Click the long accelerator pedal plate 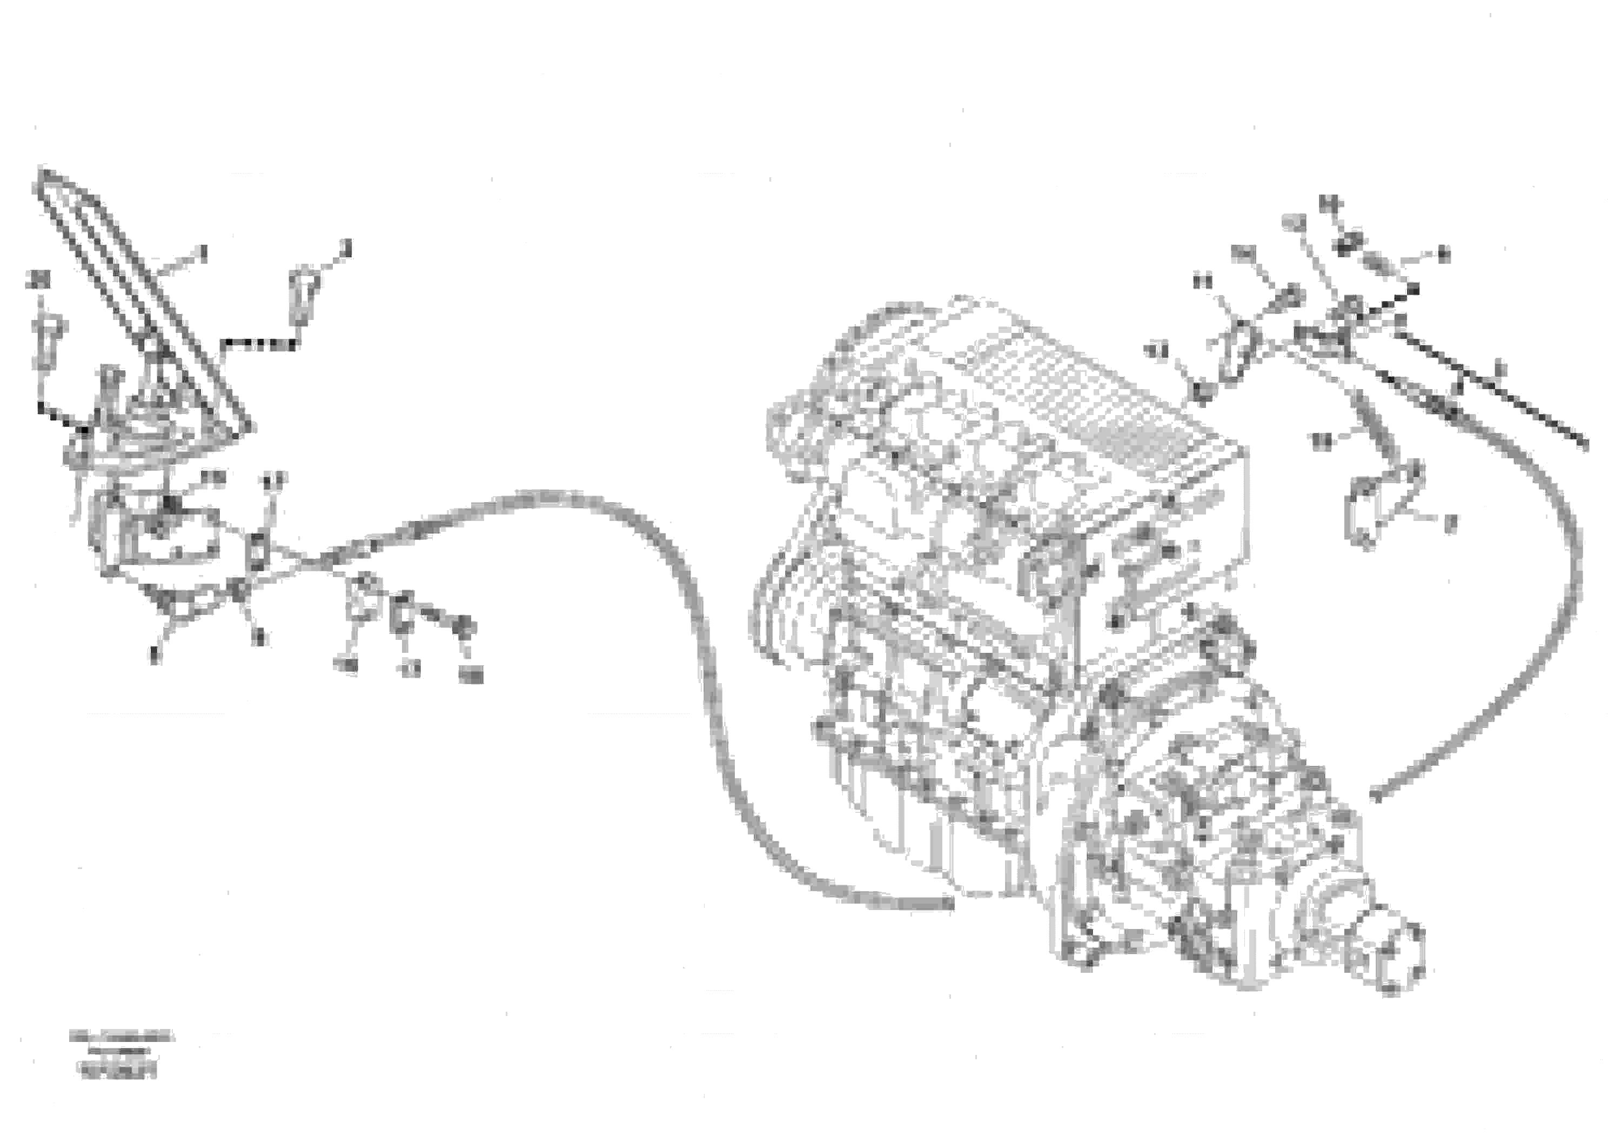point(140,301)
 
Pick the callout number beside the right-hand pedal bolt point(345,246)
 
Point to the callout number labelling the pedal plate point(203,251)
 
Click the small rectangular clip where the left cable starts point(258,550)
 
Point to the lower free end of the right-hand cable point(1375,796)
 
